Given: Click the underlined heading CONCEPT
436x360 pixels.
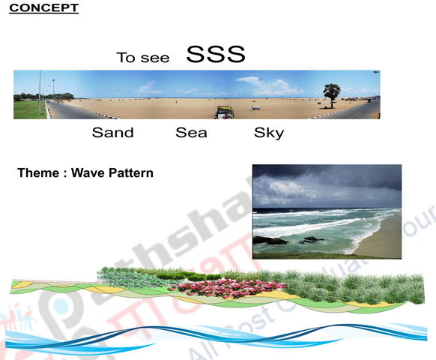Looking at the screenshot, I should tap(43, 8).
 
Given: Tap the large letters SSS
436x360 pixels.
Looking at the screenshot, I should tap(216, 55).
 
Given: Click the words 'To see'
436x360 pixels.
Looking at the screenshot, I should tap(142, 58).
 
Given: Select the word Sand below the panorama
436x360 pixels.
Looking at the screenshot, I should tap(112, 133).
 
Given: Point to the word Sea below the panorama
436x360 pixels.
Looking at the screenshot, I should tap(191, 133).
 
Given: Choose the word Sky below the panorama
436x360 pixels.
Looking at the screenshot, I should tap(269, 133).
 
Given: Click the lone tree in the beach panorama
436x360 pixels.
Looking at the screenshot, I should tap(331, 94).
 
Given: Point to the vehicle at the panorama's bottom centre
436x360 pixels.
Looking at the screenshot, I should tap(224, 112).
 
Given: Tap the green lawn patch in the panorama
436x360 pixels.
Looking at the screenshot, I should tap(28, 110).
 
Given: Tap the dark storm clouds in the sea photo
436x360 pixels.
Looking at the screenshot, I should tap(322, 180).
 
